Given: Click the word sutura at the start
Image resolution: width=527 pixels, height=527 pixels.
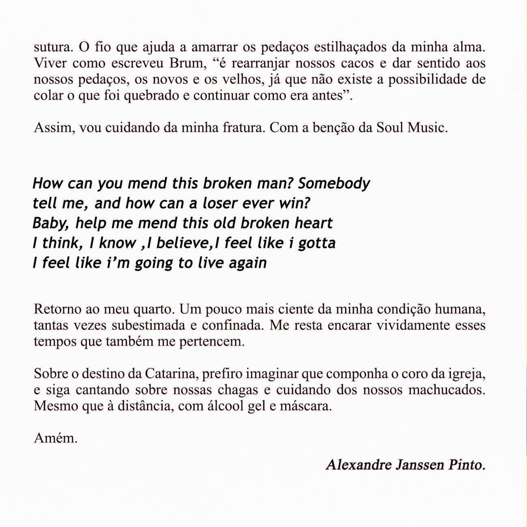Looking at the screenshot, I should tap(52, 47).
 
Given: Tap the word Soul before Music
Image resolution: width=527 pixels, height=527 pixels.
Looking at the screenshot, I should tap(389, 128).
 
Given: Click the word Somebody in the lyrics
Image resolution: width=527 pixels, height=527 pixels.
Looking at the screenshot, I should tap(333, 183).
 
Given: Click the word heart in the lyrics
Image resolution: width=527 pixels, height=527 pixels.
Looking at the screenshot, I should tap(313, 223).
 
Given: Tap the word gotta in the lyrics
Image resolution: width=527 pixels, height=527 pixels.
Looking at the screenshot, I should tap(316, 243).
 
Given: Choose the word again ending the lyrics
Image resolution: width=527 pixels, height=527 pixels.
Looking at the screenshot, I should tap(247, 263).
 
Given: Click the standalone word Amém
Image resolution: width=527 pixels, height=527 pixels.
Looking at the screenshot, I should tap(55, 438).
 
